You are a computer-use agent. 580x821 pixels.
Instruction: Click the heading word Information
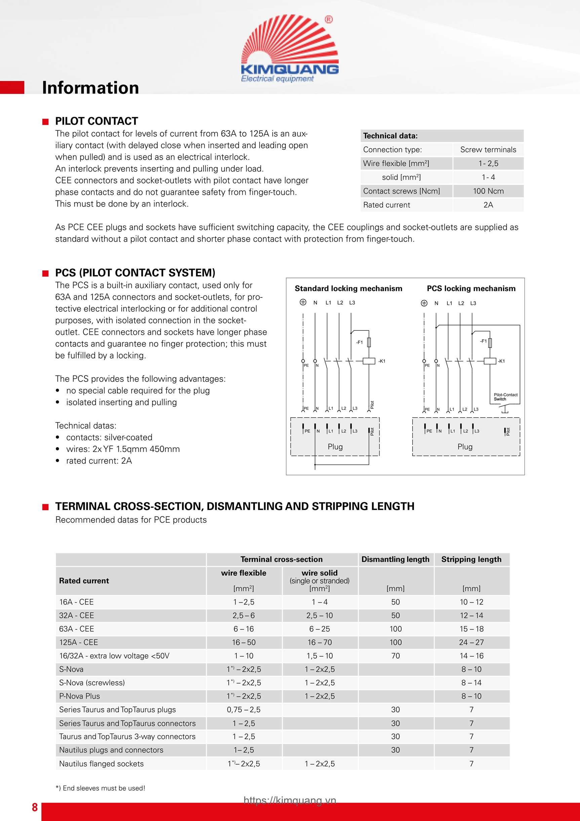click(90, 87)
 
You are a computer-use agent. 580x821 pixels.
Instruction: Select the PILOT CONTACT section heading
click(96, 121)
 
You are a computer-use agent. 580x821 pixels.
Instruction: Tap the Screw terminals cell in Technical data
click(488, 149)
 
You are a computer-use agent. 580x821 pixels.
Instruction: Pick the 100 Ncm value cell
click(488, 191)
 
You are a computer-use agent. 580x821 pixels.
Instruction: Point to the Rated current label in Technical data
click(386, 205)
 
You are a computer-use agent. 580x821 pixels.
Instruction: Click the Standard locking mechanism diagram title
click(348, 289)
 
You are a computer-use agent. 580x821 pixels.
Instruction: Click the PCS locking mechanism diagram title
click(471, 289)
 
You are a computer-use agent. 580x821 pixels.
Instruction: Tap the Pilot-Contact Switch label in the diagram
click(505, 397)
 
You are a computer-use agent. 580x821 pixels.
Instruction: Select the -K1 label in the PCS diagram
click(501, 361)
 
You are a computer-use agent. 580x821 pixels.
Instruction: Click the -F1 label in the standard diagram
click(359, 342)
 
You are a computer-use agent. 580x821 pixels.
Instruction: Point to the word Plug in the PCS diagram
click(465, 447)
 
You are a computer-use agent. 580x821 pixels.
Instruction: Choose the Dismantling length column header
click(395, 559)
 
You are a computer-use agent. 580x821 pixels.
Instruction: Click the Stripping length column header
click(471, 559)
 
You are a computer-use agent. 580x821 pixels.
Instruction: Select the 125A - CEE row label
click(78, 642)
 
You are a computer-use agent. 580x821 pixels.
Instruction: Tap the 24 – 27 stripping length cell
click(471, 642)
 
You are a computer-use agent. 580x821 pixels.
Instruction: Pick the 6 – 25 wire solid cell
click(319, 629)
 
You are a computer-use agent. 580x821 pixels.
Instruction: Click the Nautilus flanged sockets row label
click(101, 764)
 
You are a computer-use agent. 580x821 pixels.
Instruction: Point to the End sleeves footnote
click(101, 788)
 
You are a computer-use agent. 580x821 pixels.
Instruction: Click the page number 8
click(35, 808)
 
